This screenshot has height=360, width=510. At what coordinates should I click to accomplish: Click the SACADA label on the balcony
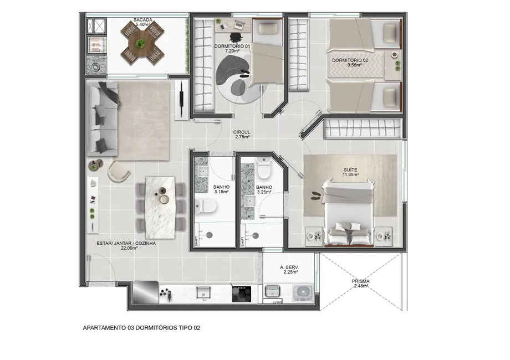[x=143, y=20]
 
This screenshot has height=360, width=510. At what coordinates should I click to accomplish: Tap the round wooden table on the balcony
[x=143, y=43]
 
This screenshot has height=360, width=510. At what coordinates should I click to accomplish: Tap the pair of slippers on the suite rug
[x=317, y=195]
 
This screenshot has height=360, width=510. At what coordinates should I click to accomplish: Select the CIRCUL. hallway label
[x=243, y=132]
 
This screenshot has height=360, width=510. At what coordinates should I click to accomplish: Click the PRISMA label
[x=360, y=281]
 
